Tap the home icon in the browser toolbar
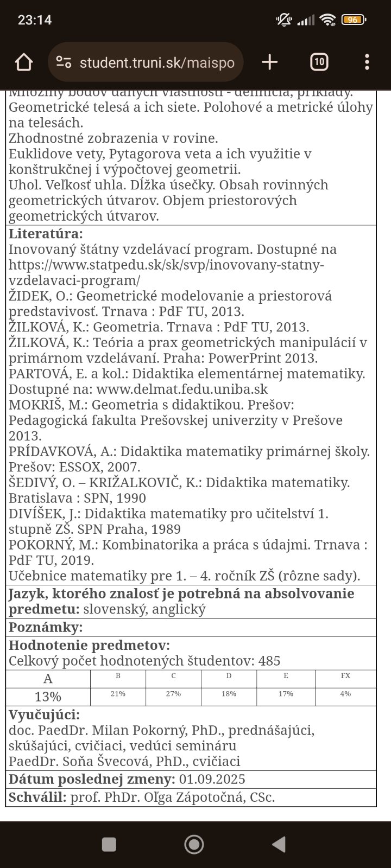[24, 62]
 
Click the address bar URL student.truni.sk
[156, 63]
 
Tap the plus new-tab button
[269, 62]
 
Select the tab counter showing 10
[319, 62]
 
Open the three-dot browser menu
[367, 62]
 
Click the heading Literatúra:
[46, 234]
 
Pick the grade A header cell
[48, 679]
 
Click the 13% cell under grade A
[48, 697]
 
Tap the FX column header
[345, 676]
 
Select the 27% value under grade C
[173, 694]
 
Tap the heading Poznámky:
[46, 628]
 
